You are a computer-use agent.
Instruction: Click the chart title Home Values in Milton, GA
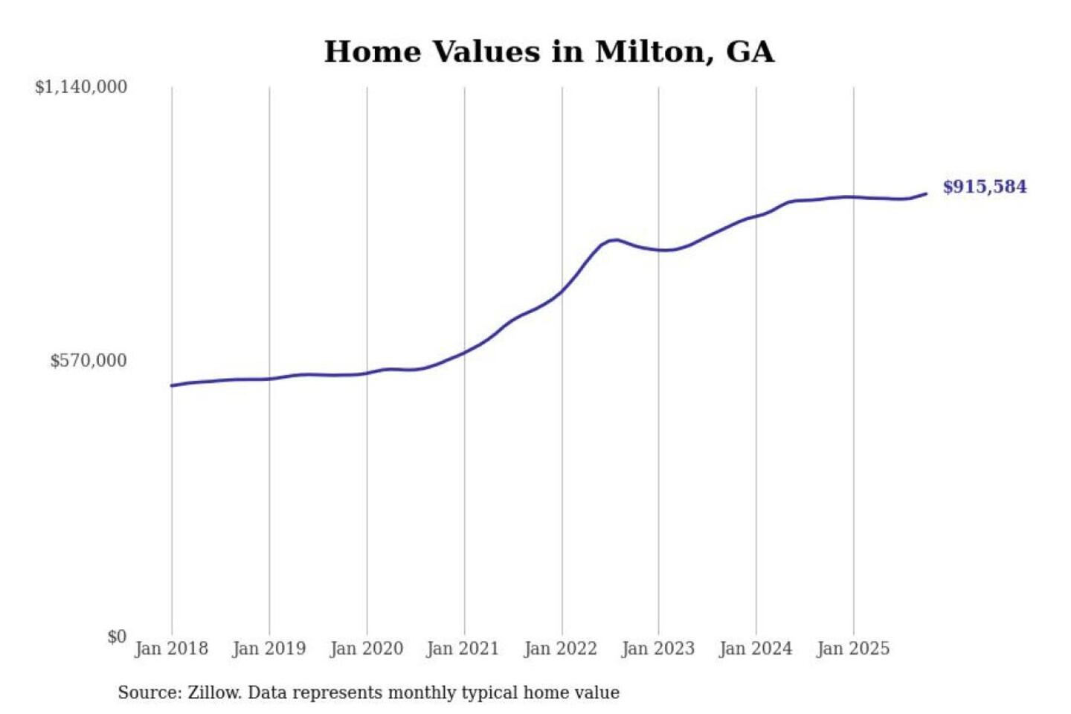coord(549,51)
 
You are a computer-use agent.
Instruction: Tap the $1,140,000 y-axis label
coord(81,87)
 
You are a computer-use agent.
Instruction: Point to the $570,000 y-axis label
coord(89,361)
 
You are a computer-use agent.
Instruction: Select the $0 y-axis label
coord(117,637)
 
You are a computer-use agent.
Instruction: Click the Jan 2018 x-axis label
coord(172,649)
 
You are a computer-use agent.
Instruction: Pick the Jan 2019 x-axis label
coord(269,649)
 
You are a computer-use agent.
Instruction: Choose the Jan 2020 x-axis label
coord(367,649)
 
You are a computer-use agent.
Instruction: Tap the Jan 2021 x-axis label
coord(463,649)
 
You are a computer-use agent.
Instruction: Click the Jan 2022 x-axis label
coord(561,649)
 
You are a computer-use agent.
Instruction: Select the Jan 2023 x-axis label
coord(658,649)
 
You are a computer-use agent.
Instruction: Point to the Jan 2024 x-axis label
coord(756,649)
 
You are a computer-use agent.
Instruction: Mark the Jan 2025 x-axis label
coord(853,649)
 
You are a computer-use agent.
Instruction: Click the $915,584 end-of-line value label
coord(985,187)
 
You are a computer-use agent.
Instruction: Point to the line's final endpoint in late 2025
coord(926,194)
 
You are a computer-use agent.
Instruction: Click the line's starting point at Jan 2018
coord(172,385)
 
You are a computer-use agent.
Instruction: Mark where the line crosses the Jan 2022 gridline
coord(562,290)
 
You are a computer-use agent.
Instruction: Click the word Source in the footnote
coord(148,692)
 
